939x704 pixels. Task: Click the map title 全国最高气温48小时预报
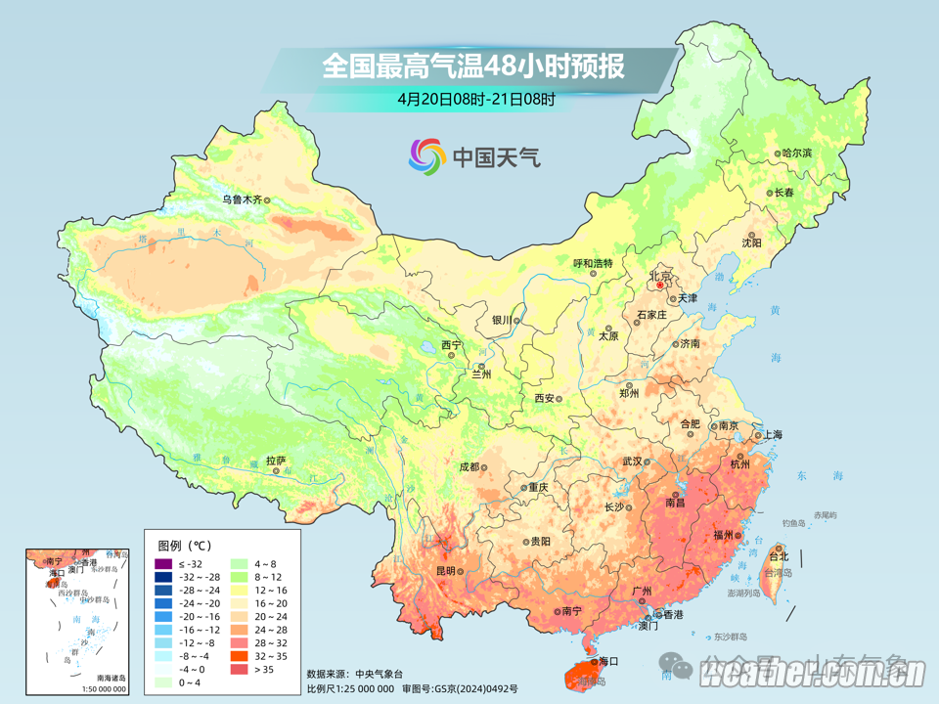473,66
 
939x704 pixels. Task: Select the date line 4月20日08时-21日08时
476,99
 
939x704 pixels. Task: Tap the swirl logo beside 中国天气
426,155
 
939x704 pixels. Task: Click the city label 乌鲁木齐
241,199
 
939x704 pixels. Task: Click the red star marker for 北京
659,286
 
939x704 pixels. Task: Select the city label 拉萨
276,461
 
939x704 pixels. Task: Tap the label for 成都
469,467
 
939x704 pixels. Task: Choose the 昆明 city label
446,570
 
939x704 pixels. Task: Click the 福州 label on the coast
724,534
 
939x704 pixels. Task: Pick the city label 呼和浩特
592,263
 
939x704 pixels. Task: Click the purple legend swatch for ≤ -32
162,564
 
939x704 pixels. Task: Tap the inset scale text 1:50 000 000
97,689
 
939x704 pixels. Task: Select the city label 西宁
450,344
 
